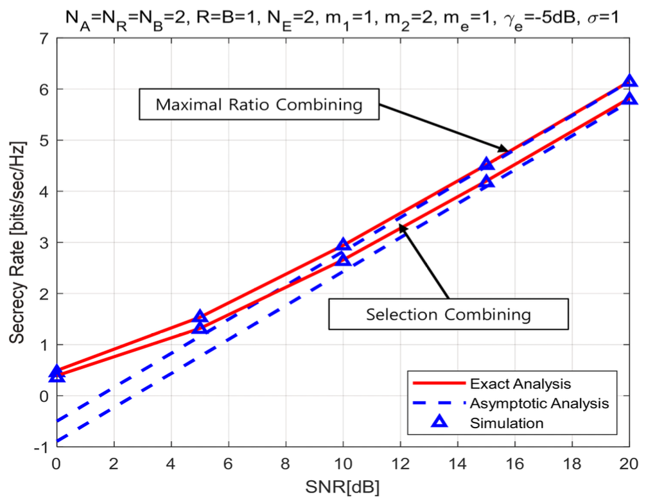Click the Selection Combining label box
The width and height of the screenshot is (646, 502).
click(x=448, y=314)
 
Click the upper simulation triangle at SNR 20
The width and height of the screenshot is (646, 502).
click(x=629, y=81)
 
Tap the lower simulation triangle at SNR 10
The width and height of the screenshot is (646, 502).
click(x=343, y=259)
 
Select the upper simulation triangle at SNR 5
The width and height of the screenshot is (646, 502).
click(x=200, y=316)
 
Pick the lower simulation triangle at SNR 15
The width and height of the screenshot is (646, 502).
click(x=487, y=181)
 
